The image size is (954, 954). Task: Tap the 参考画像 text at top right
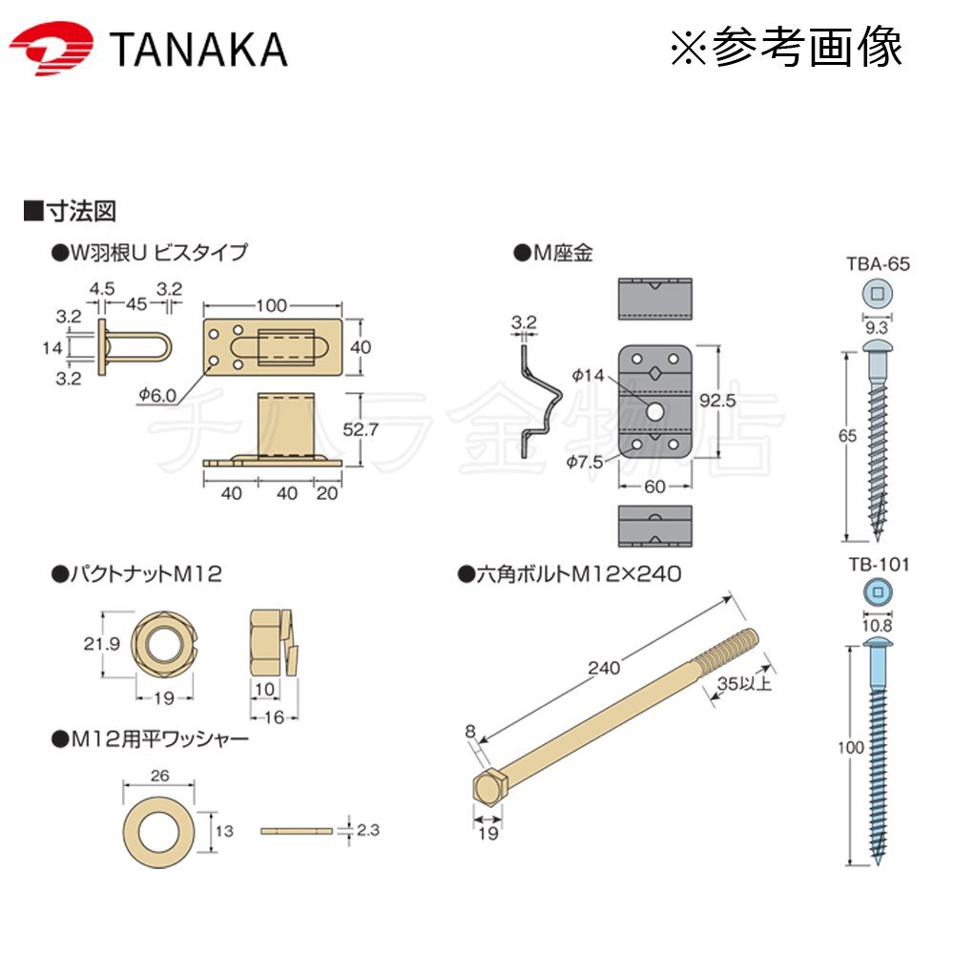[807, 47]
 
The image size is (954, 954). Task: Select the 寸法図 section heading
[81, 211]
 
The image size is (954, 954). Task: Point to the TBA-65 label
[878, 264]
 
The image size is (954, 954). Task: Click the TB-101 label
[880, 565]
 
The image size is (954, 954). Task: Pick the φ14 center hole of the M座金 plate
[654, 411]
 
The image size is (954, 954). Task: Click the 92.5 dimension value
[717, 401]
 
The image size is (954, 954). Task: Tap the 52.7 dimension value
[361, 429]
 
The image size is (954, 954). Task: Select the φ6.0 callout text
[157, 396]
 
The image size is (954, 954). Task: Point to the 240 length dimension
[604, 668]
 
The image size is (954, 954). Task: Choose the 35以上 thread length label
[744, 683]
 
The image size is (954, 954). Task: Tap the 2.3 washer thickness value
[368, 830]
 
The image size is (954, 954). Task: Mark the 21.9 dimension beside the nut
[102, 644]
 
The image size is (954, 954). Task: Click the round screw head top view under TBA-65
[878, 294]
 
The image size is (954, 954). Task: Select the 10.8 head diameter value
[878, 626]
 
